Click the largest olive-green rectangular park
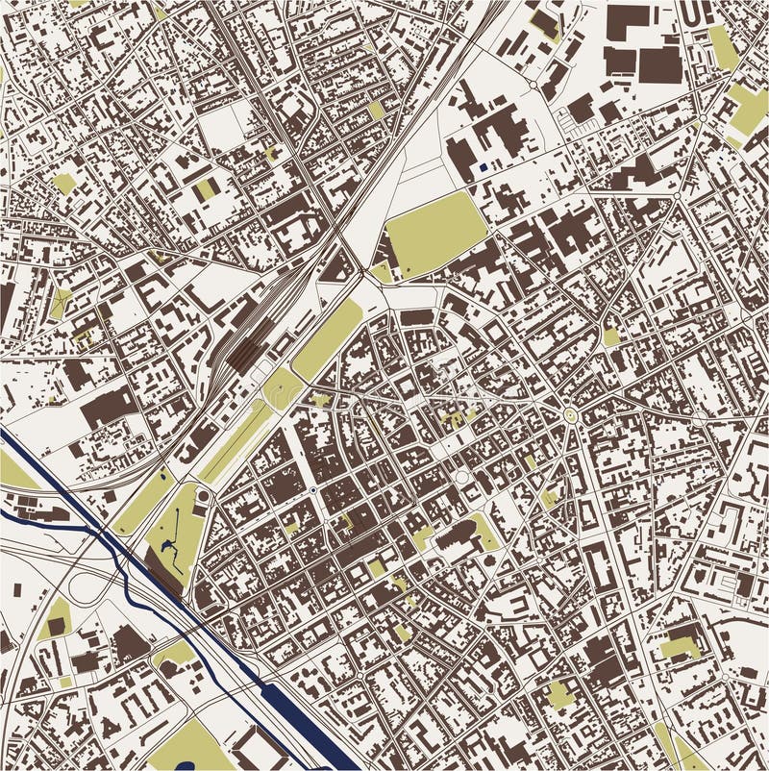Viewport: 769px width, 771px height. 435,235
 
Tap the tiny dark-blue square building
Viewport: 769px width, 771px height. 483,167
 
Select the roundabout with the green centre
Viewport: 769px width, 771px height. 570,415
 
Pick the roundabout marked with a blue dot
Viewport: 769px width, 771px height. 313,490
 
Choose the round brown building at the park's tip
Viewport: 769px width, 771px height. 203,496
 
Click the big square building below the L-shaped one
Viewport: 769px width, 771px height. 660,64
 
